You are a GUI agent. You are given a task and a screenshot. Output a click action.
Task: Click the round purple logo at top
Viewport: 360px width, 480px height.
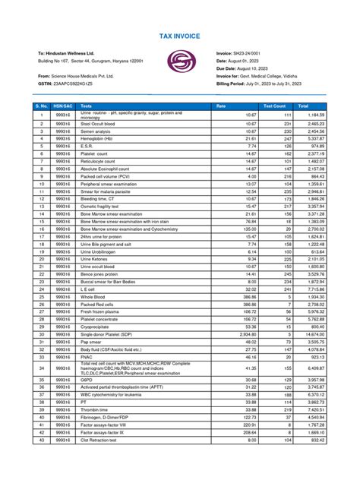180,62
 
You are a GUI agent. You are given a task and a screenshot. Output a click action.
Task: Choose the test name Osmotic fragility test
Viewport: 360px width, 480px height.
101,206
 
